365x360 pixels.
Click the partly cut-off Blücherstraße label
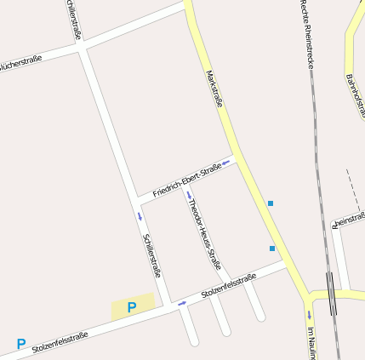click(20, 63)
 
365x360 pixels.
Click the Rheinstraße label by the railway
click(349, 220)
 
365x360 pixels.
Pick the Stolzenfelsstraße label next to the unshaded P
click(60, 341)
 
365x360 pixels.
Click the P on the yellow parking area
click(132, 307)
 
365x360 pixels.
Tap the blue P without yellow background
click(21, 344)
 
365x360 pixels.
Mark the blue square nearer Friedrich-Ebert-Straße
click(271, 203)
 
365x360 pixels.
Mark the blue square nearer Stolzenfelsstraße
click(272, 249)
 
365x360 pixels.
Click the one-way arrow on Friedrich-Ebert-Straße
click(226, 161)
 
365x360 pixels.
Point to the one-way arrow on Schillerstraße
click(140, 216)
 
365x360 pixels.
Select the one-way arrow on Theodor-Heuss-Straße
click(189, 195)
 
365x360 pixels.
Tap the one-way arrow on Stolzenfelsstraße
click(182, 303)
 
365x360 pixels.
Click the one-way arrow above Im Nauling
click(310, 313)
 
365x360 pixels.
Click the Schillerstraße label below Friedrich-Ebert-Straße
click(152, 255)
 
